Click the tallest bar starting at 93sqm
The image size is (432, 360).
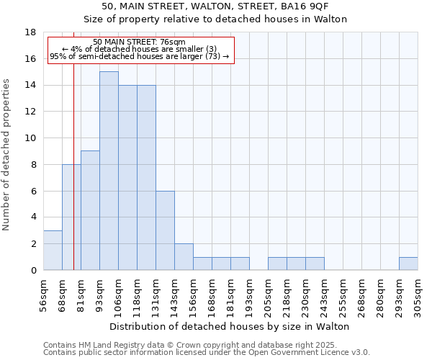point(109,171)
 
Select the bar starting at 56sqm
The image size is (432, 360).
point(53,251)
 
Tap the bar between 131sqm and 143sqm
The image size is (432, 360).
point(165,230)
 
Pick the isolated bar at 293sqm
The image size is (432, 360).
point(408,264)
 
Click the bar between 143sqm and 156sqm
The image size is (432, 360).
point(184,257)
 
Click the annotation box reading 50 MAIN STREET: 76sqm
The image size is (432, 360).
point(140,49)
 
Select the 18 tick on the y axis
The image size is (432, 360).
point(30,32)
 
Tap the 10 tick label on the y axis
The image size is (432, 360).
point(30,138)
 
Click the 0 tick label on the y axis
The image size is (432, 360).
point(33,271)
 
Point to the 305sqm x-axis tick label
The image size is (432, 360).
point(418,295)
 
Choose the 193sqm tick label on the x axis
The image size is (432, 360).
point(249,295)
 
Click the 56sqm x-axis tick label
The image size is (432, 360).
point(44,295)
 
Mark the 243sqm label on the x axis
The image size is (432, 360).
point(324,295)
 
